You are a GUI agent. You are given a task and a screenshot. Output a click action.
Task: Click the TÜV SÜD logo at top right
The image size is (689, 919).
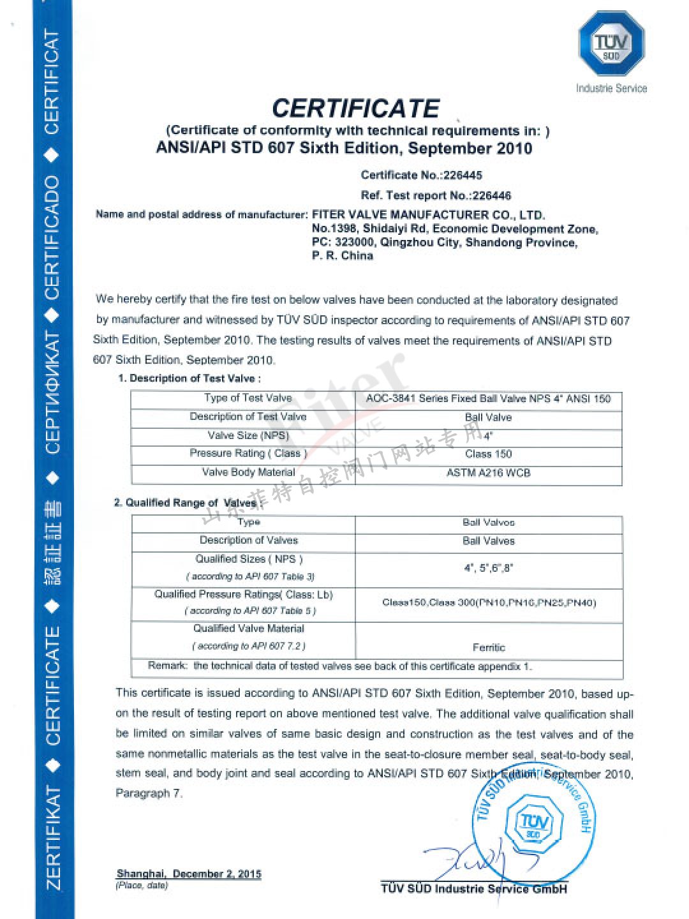pyautogui.click(x=611, y=43)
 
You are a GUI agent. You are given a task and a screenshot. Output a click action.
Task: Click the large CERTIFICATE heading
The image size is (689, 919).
pyautogui.click(x=355, y=108)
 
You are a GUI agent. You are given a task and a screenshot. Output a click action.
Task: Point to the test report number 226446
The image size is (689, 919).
pyautogui.click(x=492, y=195)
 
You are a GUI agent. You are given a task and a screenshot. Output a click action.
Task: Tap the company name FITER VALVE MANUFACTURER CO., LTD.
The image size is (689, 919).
pyautogui.click(x=428, y=215)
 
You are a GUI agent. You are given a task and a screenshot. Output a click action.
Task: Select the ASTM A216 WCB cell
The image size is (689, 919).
pyautogui.click(x=488, y=473)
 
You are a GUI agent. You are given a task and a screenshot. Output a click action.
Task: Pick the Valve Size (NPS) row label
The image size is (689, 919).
pyautogui.click(x=248, y=435)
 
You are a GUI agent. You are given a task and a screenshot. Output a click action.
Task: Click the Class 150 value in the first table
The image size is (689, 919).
pyautogui.click(x=488, y=454)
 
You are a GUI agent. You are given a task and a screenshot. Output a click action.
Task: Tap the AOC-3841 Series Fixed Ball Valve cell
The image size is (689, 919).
pyautogui.click(x=488, y=399)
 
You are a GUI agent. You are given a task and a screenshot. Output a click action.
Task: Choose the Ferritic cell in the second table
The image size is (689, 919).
pyautogui.click(x=489, y=647)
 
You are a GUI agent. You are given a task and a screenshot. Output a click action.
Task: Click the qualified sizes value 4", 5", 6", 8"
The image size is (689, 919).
pyautogui.click(x=489, y=567)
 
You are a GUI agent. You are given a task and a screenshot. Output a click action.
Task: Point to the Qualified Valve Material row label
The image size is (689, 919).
pyautogui.click(x=248, y=629)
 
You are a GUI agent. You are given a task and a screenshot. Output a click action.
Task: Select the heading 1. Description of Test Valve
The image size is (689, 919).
pyautogui.click(x=189, y=378)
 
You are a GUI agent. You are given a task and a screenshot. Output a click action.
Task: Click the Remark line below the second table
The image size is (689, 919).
pyautogui.click(x=339, y=666)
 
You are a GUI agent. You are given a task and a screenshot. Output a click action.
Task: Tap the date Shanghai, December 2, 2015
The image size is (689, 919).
pyautogui.click(x=189, y=874)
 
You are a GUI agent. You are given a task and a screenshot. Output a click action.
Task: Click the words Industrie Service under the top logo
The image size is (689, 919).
pyautogui.click(x=611, y=88)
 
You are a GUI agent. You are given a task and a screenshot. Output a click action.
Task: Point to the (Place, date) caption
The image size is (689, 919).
pyautogui.click(x=141, y=886)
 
